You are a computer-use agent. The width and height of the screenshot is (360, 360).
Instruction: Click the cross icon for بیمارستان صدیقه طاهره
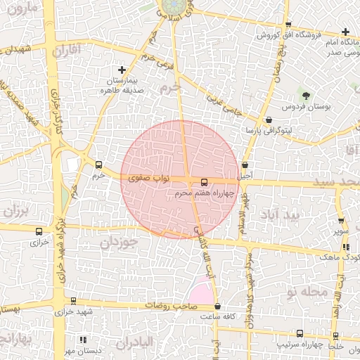pyautogui.click(x=122, y=70)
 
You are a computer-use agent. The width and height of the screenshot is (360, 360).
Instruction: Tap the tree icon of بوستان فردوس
pyautogui.click(x=305, y=94)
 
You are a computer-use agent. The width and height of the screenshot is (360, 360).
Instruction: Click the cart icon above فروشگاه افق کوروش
pyautogui.click(x=268, y=22)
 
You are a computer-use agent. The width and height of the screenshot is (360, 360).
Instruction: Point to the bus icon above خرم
pyautogui.click(x=98, y=165)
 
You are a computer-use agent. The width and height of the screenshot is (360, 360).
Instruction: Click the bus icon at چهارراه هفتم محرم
pyautogui.click(x=204, y=182)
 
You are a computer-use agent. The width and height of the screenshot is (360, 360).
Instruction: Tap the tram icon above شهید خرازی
pyautogui.click(x=73, y=301)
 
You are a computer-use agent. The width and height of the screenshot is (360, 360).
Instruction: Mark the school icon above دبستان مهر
pyautogui.click(x=84, y=339)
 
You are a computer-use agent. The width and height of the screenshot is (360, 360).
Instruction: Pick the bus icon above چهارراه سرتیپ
pyautogui.click(x=300, y=334)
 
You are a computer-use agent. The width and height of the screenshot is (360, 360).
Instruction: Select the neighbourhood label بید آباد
pyautogui.click(x=280, y=213)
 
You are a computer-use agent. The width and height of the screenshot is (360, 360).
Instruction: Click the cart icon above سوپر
pyautogui.click(x=341, y=219)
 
